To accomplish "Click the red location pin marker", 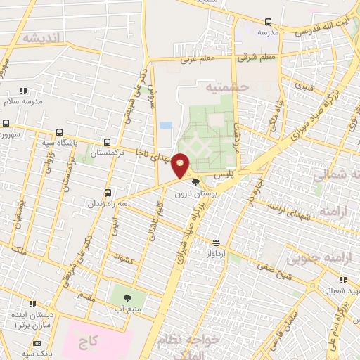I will point(181,165).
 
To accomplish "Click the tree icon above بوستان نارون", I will point(196,183).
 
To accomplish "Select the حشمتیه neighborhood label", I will point(227,87).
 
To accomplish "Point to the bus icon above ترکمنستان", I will point(107,141).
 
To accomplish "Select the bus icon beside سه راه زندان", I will point(108,192).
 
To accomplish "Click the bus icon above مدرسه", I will point(268,22).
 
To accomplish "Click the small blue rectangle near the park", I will point(165,125).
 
